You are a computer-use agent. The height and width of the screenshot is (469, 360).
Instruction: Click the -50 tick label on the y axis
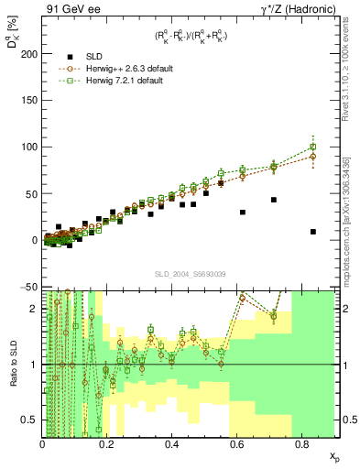coord(29,287)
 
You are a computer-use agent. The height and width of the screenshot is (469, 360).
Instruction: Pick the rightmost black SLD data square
coord(313,232)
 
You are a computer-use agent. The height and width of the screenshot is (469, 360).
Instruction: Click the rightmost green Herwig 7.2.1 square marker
coord(313,147)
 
